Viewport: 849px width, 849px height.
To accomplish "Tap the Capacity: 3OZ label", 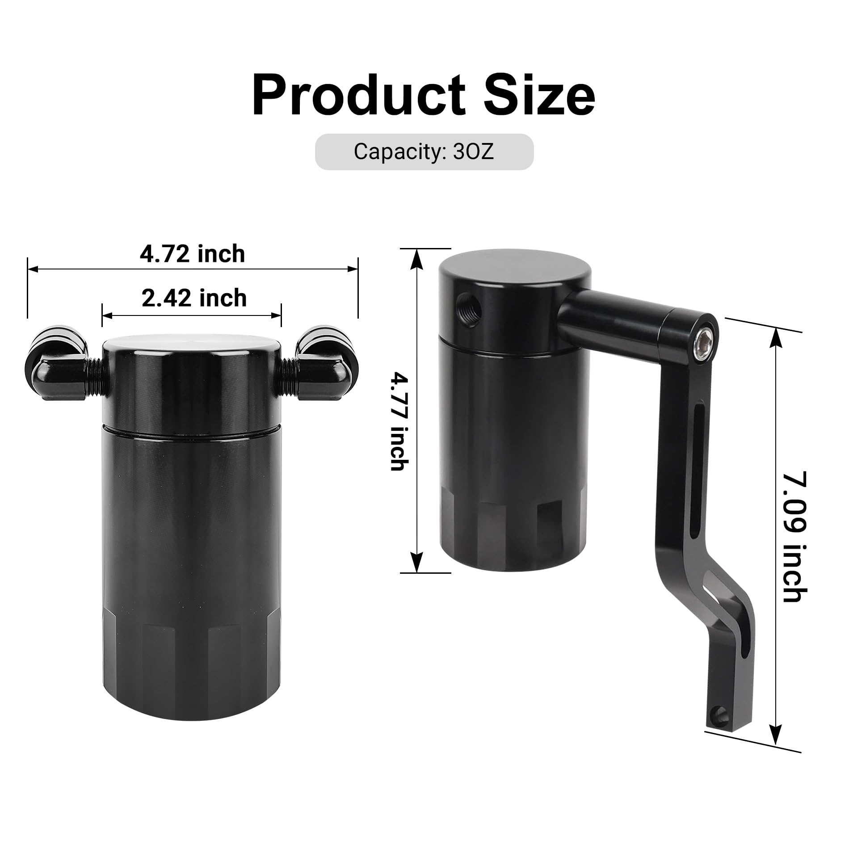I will click(x=424, y=152).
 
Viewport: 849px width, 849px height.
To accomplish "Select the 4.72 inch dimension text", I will click(x=193, y=254).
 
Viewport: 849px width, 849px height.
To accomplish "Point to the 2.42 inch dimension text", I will click(x=194, y=298).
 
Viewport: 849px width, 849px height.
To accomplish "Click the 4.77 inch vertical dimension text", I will click(x=398, y=422).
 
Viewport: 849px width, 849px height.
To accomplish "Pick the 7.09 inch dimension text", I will click(x=796, y=536).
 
